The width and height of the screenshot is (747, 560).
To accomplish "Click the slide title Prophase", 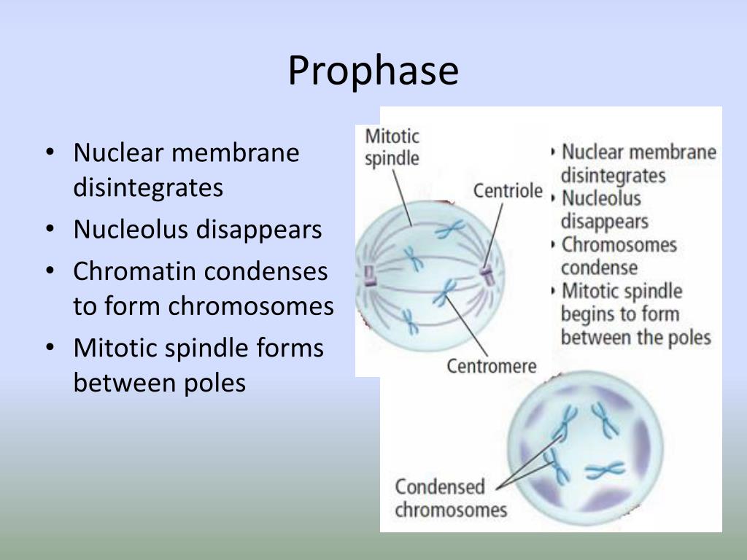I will coord(373,71).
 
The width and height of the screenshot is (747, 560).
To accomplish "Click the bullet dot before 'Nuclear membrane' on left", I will coord(50,153).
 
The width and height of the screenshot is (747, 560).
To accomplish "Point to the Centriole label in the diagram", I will coord(508,191).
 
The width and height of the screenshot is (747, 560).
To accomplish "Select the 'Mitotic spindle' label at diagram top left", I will coord(392,147).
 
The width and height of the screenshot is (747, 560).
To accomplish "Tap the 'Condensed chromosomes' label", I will coord(450,497).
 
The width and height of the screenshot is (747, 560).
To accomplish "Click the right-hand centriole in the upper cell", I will coord(486,277).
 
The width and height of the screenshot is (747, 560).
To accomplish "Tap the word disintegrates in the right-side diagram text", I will coord(613,176).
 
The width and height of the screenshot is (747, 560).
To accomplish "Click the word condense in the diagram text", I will coord(599,267).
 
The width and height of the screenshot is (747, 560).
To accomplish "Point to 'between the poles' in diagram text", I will coord(635,338).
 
